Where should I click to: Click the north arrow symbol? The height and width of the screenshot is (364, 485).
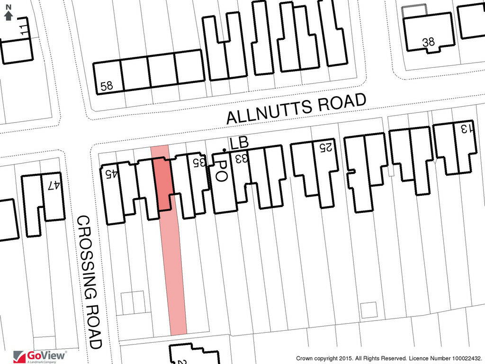click(x=8, y=13)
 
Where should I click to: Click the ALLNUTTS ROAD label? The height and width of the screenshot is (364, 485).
click(x=296, y=109)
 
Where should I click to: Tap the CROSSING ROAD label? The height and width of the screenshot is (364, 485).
click(x=90, y=282)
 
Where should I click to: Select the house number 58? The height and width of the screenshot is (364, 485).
click(x=107, y=86)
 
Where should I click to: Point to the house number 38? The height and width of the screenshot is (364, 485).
click(x=428, y=42)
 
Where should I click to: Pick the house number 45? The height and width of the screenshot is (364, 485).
click(x=112, y=174)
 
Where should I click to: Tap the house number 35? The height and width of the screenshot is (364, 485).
click(x=199, y=162)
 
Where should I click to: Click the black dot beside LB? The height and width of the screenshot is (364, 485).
click(x=224, y=151)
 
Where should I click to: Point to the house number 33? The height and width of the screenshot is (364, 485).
click(x=241, y=158)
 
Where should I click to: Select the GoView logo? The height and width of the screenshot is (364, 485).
click(x=40, y=355)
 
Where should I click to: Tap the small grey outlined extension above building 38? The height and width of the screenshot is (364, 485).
click(x=414, y=10)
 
